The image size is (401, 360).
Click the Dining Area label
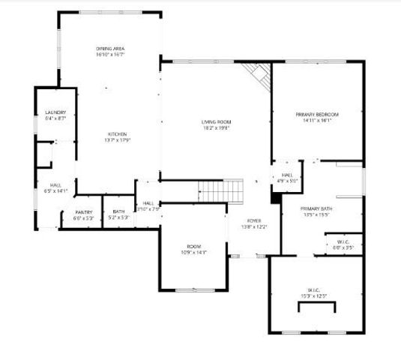coord(109,49)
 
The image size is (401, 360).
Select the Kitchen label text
coord(117,134)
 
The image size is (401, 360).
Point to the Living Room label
coord(216,121)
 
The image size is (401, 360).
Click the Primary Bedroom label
coord(317,114)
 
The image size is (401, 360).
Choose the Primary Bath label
coord(315,208)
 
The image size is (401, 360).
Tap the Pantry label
coord(83,212)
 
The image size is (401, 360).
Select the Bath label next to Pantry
coord(118,212)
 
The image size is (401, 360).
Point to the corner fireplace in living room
coord(259,74)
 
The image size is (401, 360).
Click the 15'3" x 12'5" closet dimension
coord(314,295)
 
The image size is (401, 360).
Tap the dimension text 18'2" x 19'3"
coord(216,128)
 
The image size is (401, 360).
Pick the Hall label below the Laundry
coord(55,185)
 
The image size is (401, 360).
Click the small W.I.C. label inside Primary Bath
coord(344,241)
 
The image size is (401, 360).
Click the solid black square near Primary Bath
coord(276,199)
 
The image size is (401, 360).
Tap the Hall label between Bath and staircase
coord(148,203)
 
